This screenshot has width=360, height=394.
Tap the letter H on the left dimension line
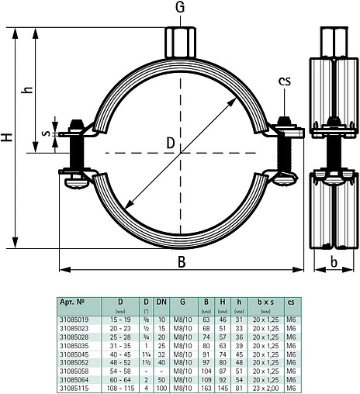click(7, 138)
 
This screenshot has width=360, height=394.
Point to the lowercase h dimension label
click(28, 89)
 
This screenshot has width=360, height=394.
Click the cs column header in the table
click(291, 301)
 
